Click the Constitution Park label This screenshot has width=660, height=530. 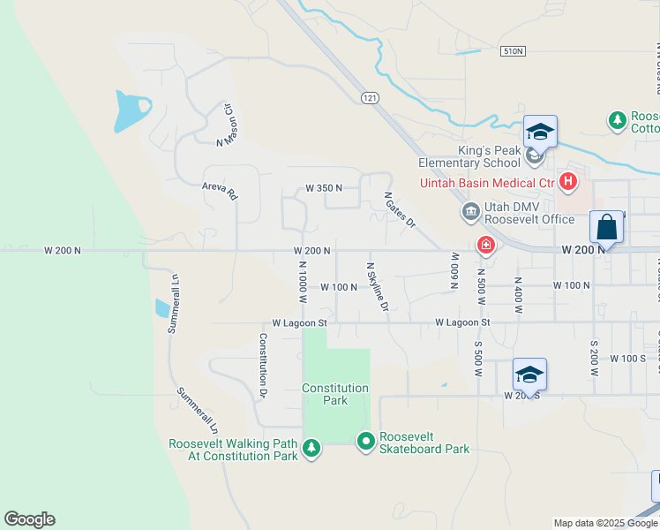pyautogui.click(x=335, y=394)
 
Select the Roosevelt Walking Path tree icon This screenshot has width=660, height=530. pyautogui.click(x=311, y=449)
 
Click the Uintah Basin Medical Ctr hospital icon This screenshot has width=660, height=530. pyautogui.click(x=568, y=183)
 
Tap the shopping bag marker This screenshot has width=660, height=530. pyautogui.click(x=607, y=227)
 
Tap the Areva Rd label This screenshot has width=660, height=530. pyautogui.click(x=221, y=189)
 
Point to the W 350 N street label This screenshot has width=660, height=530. pyautogui.click(x=324, y=188)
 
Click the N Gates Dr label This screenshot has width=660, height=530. pyautogui.click(x=398, y=211)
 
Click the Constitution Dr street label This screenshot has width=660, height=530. pyautogui.click(x=263, y=363)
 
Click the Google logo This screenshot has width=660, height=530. pyautogui.click(x=29, y=519)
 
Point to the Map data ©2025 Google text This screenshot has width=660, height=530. pyautogui.click(x=604, y=523)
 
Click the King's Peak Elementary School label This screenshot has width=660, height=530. pyautogui.click(x=469, y=156)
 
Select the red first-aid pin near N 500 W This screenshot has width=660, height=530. pyautogui.click(x=485, y=245)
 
